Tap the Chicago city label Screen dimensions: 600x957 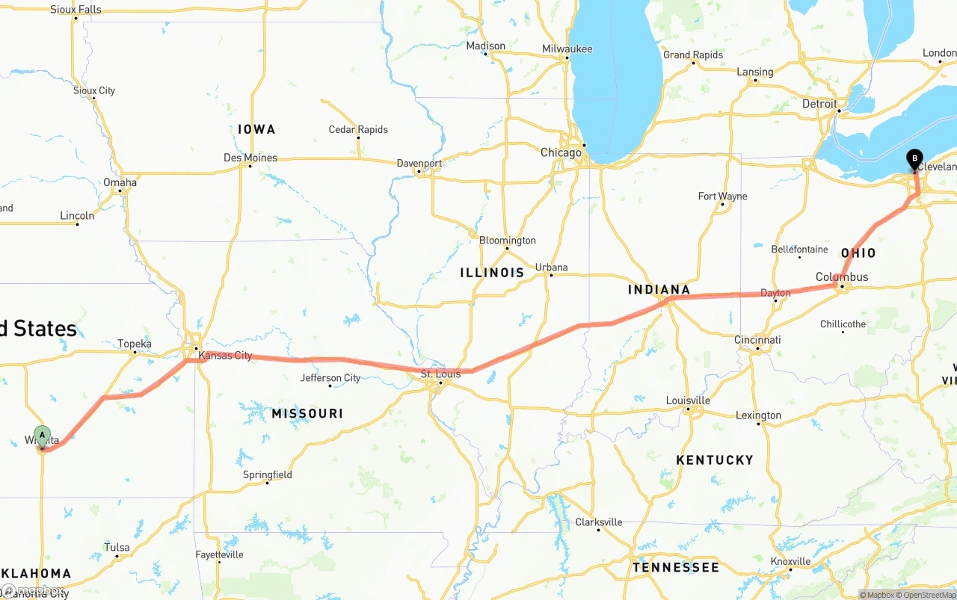pos(561,152)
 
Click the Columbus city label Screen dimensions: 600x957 pos(842,277)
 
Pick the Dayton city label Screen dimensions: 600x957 pos(775,294)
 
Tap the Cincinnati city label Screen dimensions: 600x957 pos(757,340)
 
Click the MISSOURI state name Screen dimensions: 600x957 pos(307,413)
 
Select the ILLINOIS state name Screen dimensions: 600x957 pos(492,273)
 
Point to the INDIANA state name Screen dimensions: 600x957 pos(659,290)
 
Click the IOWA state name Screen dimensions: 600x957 pos(256,129)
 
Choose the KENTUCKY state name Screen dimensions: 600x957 pos(715,460)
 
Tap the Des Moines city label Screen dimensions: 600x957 pos(250,158)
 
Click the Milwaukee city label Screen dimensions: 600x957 pos(567,49)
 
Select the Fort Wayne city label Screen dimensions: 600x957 pos(722,197)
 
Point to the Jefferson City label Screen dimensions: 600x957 pos(330,378)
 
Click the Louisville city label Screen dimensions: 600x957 pos(688,400)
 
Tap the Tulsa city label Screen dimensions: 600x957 pos(117,548)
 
